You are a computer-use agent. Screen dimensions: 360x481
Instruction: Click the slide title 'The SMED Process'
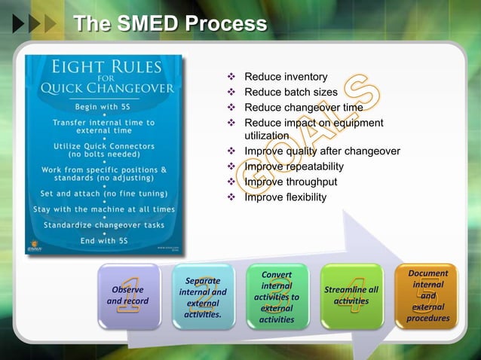[170, 24]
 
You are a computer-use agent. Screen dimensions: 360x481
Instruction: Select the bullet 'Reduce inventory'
[280, 77]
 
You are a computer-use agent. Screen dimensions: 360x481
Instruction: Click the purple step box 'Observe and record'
[127, 296]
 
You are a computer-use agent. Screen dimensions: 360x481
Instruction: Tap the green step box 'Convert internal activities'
[277, 296]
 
